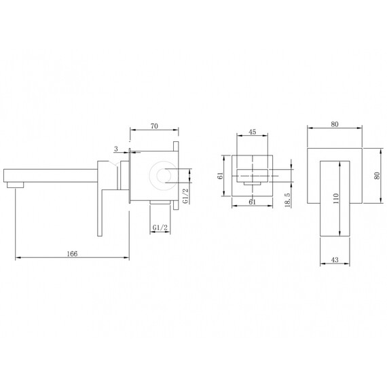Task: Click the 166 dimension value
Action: (x=73, y=254)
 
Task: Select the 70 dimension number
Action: (x=154, y=126)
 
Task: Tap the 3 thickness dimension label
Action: (x=116, y=149)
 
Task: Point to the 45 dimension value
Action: (x=253, y=132)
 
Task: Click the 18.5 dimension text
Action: (x=288, y=200)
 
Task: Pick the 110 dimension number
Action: (x=336, y=198)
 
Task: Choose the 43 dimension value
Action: (x=335, y=260)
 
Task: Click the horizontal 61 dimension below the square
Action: (x=253, y=202)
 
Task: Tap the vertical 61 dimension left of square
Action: (x=220, y=176)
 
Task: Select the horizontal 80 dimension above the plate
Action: (x=335, y=124)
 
